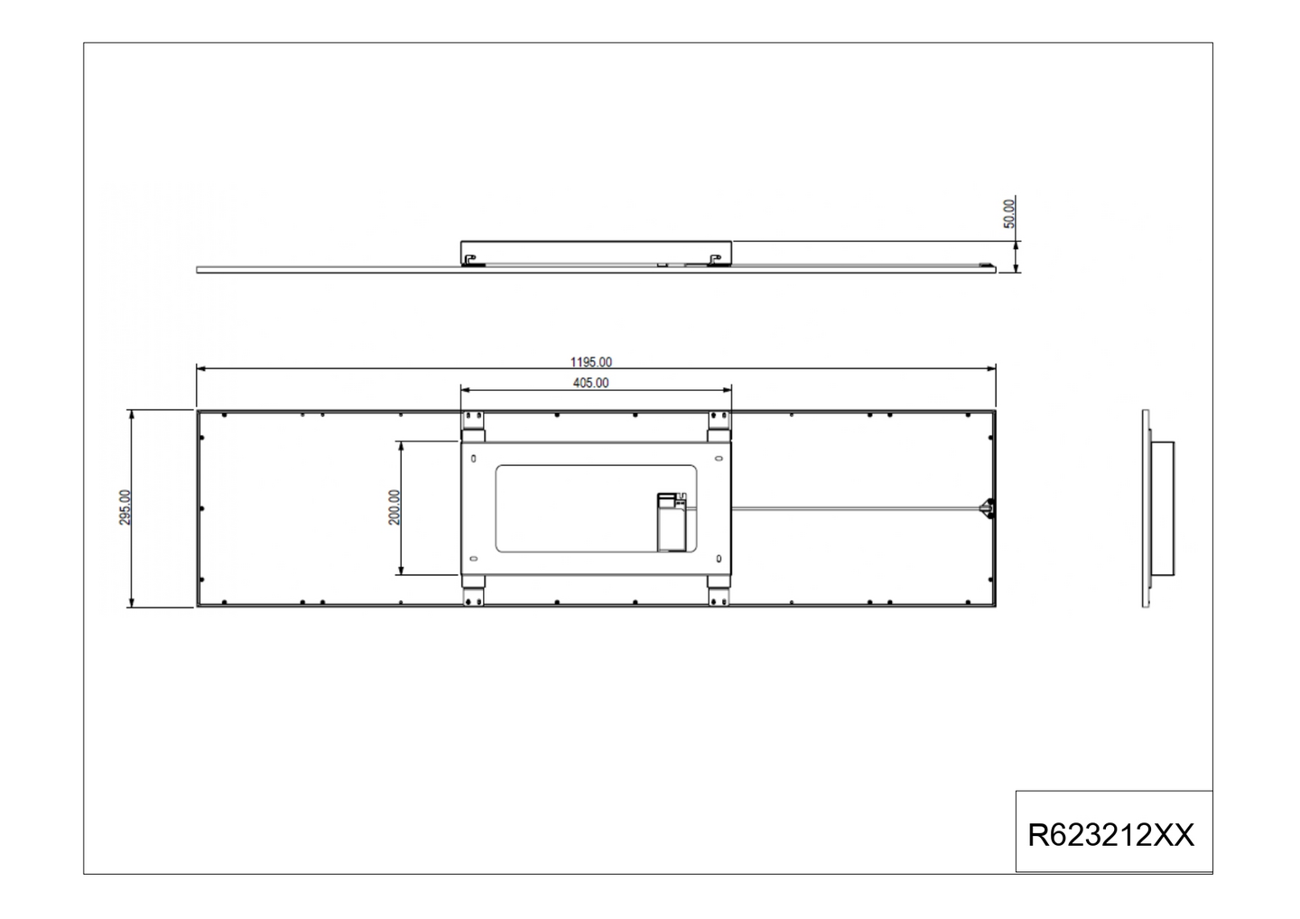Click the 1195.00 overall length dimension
(591, 362)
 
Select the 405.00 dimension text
(591, 383)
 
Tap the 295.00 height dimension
(125, 507)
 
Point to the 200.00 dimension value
(394, 507)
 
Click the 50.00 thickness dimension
(1009, 214)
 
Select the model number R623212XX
(1111, 835)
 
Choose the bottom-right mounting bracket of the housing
(719, 591)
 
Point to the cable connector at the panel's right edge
(988, 508)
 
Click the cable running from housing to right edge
(858, 508)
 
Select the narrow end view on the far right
(1157, 508)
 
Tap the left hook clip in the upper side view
(470, 260)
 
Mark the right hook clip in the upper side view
(717, 260)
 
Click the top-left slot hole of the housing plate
(473, 458)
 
